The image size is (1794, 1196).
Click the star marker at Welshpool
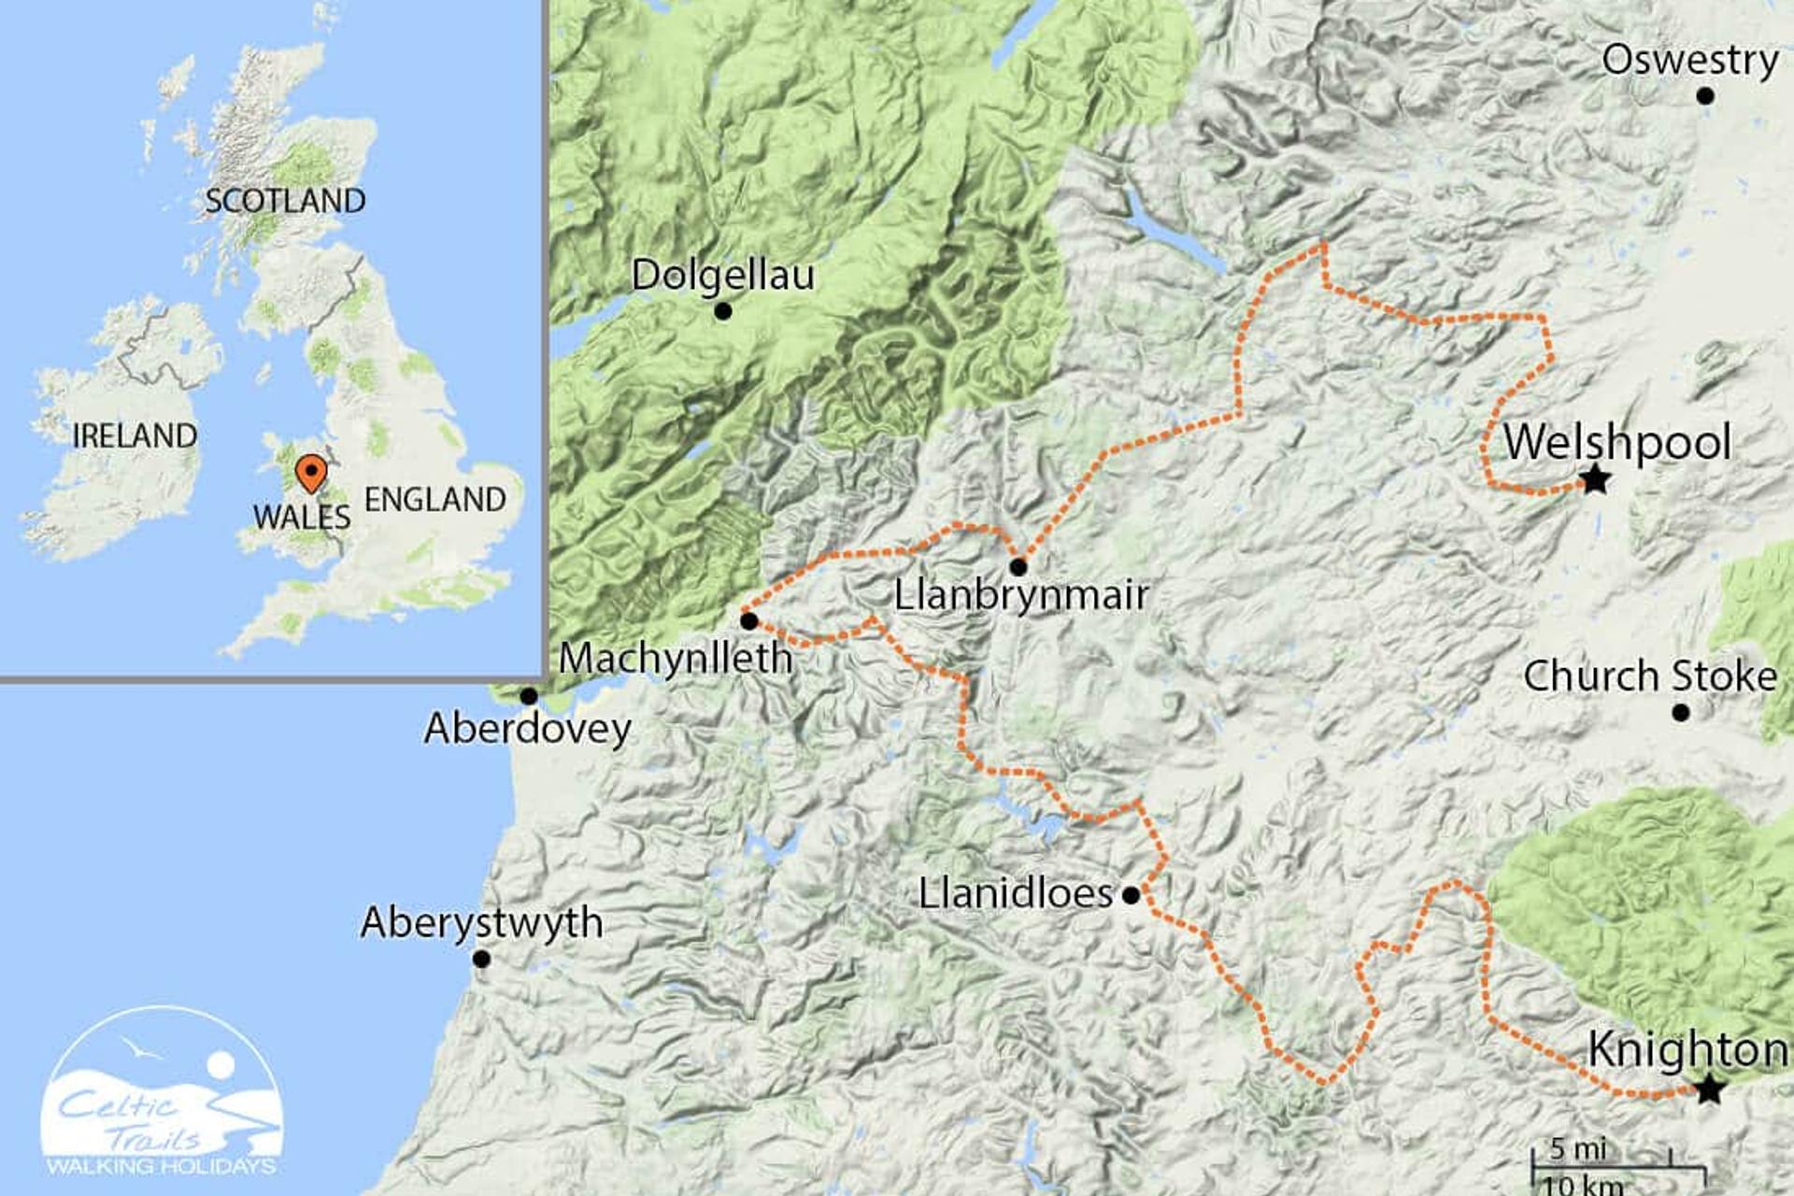[1595, 481]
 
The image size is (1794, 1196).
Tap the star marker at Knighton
[1709, 1089]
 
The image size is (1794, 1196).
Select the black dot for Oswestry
[1705, 95]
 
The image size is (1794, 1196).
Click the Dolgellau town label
[722, 275]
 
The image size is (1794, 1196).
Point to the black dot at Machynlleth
[748, 621]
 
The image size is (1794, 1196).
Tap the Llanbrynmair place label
[1021, 595]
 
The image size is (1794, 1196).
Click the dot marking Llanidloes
[1131, 895]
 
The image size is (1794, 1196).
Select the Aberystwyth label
[482, 923]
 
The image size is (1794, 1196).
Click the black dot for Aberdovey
[529, 696]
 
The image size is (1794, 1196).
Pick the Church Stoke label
[1650, 676]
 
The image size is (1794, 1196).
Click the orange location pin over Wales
[310, 473]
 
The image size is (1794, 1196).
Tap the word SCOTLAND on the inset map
[285, 201]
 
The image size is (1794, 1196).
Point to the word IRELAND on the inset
[135, 435]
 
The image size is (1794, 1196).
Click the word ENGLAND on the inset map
[434, 500]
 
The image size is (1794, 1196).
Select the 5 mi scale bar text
[1578, 1148]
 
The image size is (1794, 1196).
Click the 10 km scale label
[1582, 1186]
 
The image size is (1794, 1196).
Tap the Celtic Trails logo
[162, 1093]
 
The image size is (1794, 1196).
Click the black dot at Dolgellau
[722, 311]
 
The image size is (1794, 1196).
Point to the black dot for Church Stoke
[1681, 713]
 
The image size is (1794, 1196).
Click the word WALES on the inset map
[301, 517]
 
